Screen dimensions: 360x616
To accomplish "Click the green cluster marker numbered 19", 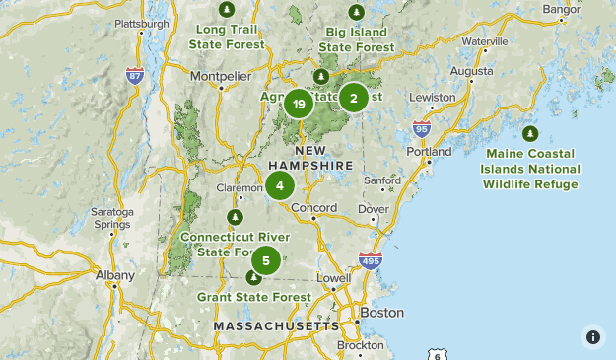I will pyautogui.click(x=299, y=103).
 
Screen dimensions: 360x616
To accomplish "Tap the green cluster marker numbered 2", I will pyautogui.click(x=354, y=97).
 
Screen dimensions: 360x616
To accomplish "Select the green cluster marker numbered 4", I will pyautogui.click(x=280, y=185).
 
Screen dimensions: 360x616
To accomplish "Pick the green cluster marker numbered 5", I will pyautogui.click(x=265, y=261).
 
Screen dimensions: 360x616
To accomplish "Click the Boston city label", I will pyautogui.click(x=382, y=313).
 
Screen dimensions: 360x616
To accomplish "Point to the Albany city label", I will pyautogui.click(x=114, y=276).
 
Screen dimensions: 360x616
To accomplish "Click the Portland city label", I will pyautogui.click(x=429, y=152).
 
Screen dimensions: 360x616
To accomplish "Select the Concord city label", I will pyautogui.click(x=313, y=208).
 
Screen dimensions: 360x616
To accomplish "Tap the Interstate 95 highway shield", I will pyautogui.click(x=421, y=128).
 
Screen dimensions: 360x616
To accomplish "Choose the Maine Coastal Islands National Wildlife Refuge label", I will pyautogui.click(x=530, y=169).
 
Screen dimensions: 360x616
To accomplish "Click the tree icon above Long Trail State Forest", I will pyautogui.click(x=228, y=10).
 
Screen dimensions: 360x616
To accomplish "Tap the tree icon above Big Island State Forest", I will pyautogui.click(x=357, y=11).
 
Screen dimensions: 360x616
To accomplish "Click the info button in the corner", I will pyautogui.click(x=592, y=336).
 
